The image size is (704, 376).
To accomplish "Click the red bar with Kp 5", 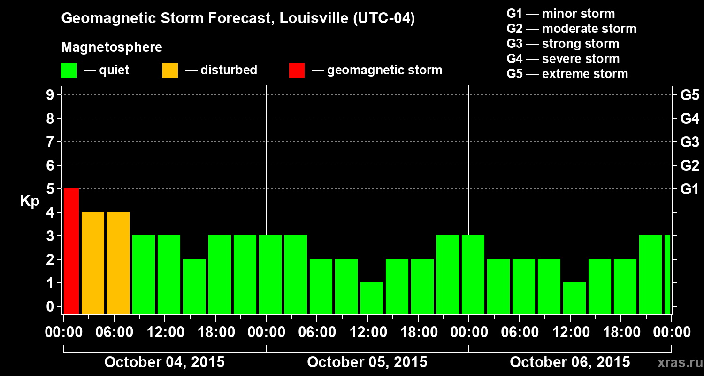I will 71,251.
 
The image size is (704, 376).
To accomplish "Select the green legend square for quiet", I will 69,71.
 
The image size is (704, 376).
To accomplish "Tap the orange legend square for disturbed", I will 170,71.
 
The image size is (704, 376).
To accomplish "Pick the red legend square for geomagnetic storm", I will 297,71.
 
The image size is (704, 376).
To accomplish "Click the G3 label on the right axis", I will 689,142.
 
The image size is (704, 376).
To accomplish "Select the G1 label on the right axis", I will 689,189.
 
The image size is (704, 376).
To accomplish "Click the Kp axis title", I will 30,201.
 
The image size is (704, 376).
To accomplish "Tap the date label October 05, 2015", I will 367,362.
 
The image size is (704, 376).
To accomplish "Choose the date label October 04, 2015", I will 164,362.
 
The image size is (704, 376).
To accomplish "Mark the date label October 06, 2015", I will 570,362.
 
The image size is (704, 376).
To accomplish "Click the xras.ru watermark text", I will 676,363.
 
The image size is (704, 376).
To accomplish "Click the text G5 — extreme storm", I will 567,74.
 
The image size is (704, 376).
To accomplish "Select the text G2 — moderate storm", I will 571,29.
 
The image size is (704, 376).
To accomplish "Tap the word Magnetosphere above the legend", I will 112,47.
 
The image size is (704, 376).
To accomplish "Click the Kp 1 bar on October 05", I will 372,298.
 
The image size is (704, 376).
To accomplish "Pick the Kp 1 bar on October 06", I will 574,298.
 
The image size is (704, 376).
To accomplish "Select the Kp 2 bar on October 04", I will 194,286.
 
